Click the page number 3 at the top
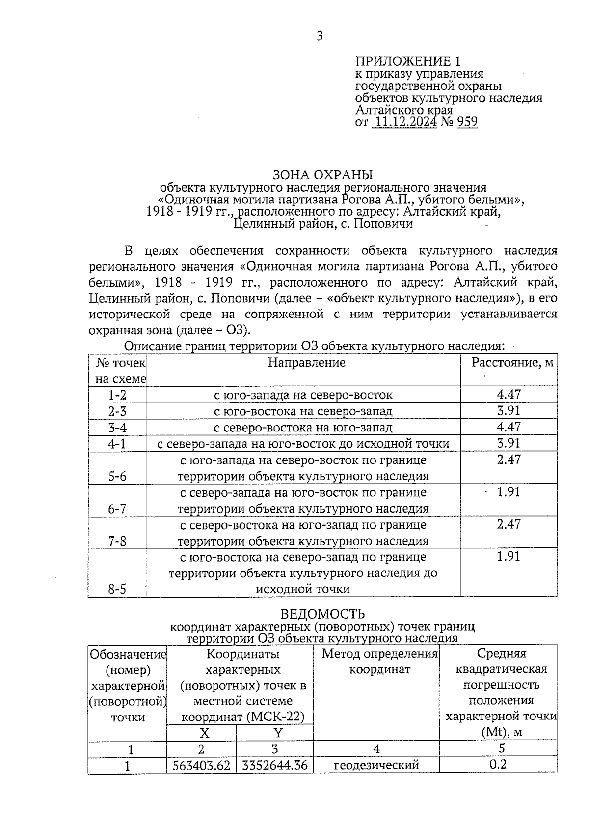(x=320, y=36)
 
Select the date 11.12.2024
(x=404, y=122)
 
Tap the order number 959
(x=467, y=122)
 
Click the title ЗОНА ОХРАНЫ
(x=322, y=174)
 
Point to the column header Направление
(x=306, y=363)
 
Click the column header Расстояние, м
(x=512, y=363)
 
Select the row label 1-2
(x=117, y=395)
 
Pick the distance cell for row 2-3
(x=509, y=411)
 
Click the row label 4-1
(x=117, y=444)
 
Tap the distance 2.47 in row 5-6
(x=509, y=460)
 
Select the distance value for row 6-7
(x=509, y=492)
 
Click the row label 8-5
(x=117, y=589)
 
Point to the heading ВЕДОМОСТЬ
(x=322, y=614)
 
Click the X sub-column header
(x=204, y=733)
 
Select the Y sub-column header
(x=278, y=733)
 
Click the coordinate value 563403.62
(x=202, y=766)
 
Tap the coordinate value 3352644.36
(x=275, y=766)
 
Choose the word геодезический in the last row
(x=376, y=766)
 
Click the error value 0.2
(x=498, y=765)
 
